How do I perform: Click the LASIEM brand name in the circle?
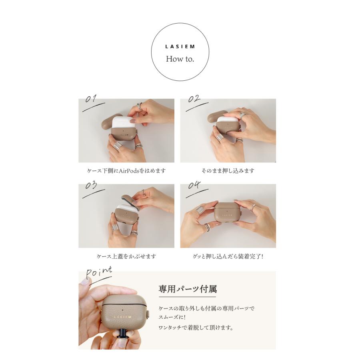click(x=180, y=47)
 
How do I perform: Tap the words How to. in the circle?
click(x=180, y=59)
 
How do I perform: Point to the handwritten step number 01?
click(x=91, y=98)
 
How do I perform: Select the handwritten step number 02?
click(x=194, y=98)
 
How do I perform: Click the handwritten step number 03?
click(x=91, y=185)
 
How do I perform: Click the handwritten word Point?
click(x=99, y=272)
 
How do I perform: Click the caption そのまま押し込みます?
click(x=228, y=171)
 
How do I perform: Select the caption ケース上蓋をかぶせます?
click(x=126, y=256)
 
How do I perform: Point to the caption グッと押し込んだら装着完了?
click(x=228, y=256)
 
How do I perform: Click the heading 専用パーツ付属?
click(x=188, y=289)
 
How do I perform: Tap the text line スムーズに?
click(x=172, y=317)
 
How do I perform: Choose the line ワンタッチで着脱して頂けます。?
click(x=196, y=328)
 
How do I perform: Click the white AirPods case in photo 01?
click(x=124, y=123)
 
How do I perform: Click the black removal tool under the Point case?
click(x=124, y=336)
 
